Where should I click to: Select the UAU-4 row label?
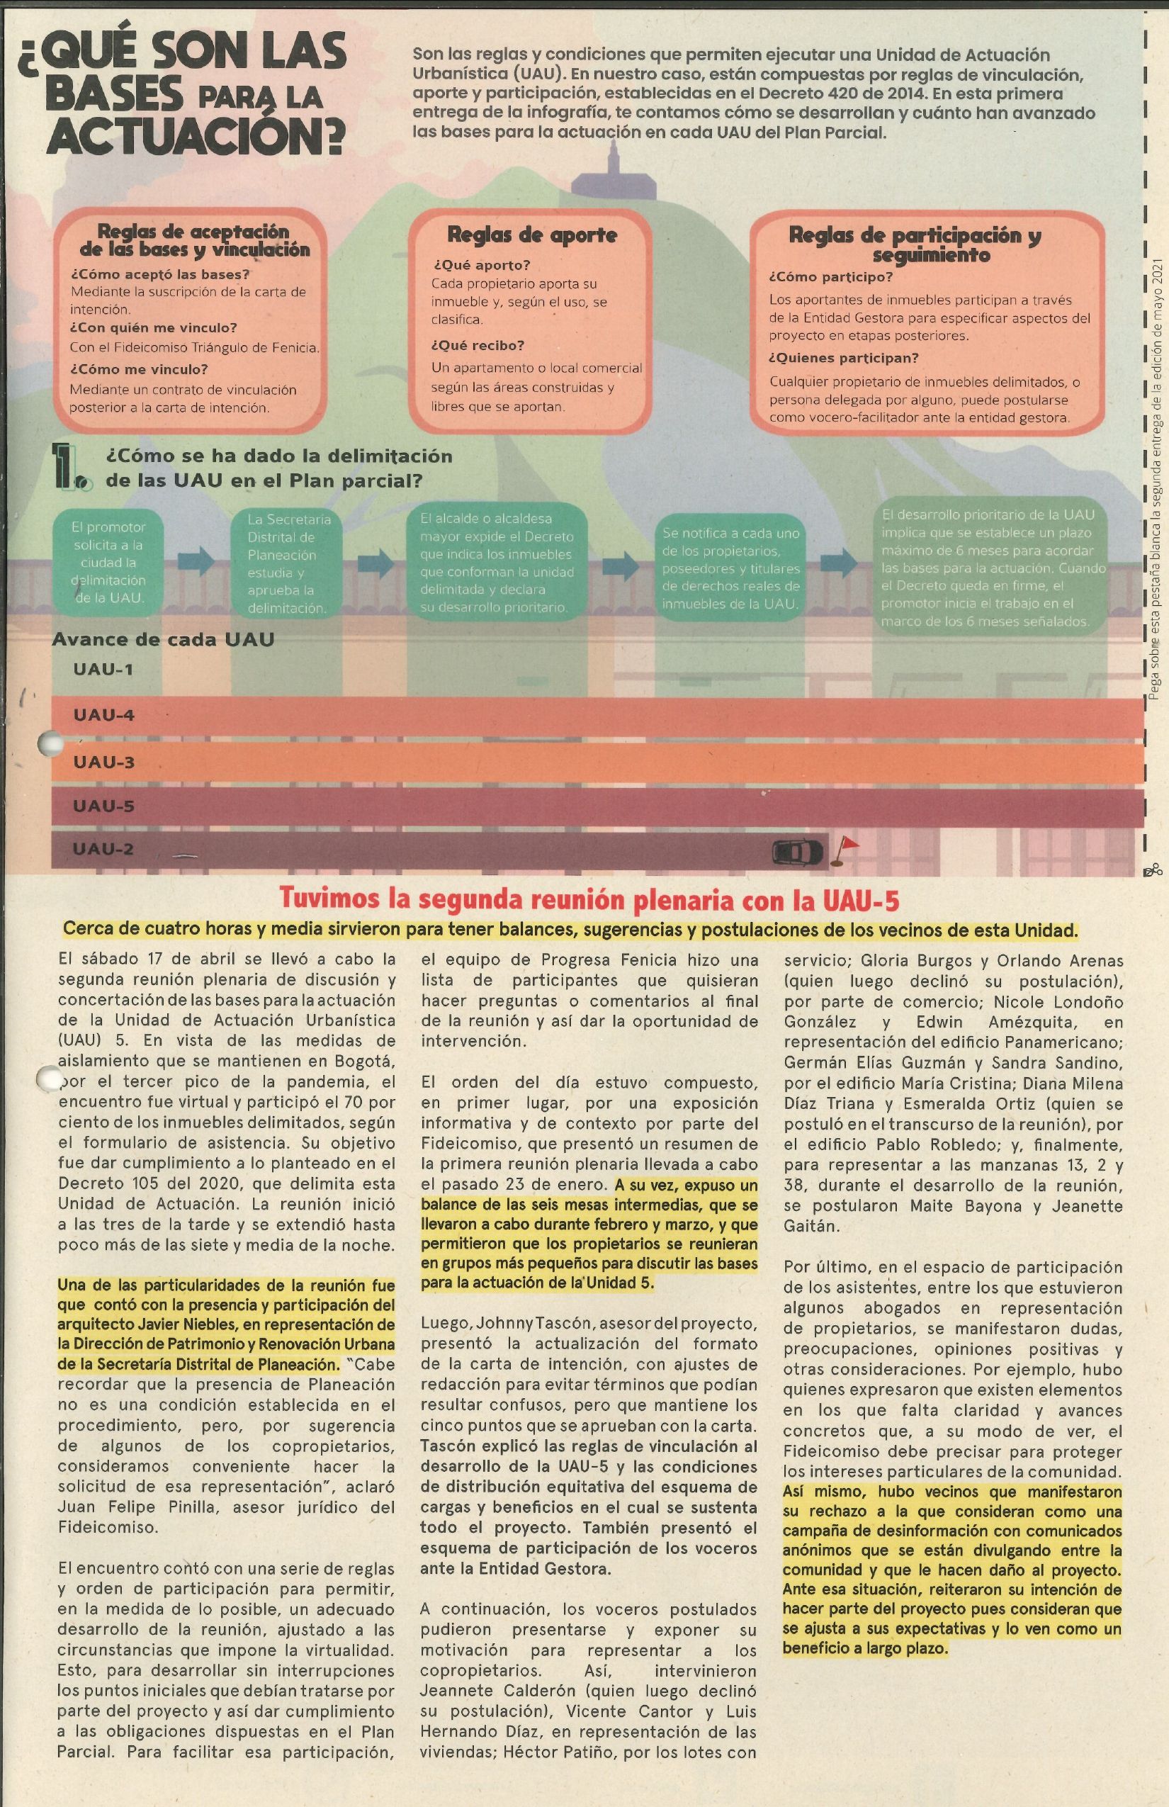coord(104,714)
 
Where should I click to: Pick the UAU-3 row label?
coord(104,762)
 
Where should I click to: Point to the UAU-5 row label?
coord(104,806)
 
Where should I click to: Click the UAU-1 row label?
coord(104,669)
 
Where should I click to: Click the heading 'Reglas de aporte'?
coord(531,235)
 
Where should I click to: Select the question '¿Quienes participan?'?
coord(854,358)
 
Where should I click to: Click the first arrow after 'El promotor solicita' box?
coord(197,561)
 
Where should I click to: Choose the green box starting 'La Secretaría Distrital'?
coord(289,563)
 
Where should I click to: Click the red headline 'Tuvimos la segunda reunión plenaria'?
coord(589,899)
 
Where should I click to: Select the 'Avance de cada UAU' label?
coord(162,639)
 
